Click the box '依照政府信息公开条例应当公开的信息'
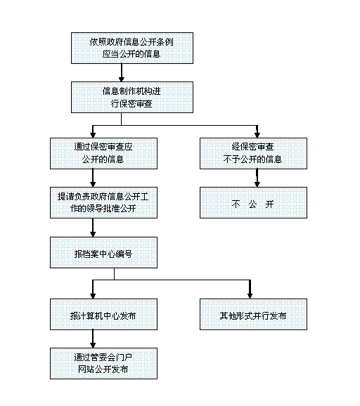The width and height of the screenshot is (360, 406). coord(132,48)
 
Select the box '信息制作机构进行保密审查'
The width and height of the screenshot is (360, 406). coord(132,97)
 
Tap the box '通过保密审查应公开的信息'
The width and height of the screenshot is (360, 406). coord(103,153)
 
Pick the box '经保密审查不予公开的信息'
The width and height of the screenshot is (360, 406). coord(254,153)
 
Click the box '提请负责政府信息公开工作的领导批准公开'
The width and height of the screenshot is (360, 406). coord(103,202)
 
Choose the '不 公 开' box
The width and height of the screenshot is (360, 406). coord(254,202)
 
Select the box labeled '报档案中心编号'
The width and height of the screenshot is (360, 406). coord(103,252)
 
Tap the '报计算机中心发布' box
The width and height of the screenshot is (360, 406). coord(103,314)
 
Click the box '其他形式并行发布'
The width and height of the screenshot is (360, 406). coord(254,314)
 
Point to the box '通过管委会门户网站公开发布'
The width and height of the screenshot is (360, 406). coord(103,363)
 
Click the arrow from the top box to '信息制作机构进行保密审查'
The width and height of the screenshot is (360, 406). coord(122,73)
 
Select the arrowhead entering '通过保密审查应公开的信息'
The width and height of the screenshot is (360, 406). coord(93,135)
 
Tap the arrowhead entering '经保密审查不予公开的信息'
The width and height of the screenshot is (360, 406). coord(257,135)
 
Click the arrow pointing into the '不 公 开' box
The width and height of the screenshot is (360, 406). coord(257,178)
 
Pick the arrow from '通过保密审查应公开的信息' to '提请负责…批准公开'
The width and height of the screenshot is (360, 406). coord(93,178)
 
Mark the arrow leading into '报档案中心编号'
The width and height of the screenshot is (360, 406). coord(93,228)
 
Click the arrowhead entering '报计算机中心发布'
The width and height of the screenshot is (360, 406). coord(93,296)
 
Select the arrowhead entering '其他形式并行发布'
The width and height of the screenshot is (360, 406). coord(250,296)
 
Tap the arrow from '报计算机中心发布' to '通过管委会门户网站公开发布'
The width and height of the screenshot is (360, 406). coord(93,339)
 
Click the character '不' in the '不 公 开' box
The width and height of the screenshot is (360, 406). coord(236,204)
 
